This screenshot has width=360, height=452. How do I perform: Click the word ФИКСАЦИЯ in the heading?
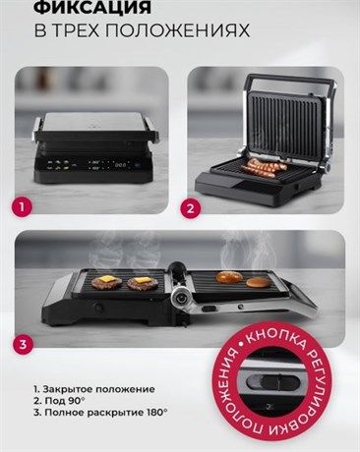click(92, 6)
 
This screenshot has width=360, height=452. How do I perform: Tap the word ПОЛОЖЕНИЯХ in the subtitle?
click(178, 30)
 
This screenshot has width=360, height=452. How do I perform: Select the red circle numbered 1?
click(22, 206)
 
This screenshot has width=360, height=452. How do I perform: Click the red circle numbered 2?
click(190, 208)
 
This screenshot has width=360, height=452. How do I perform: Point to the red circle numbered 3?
click(23, 344)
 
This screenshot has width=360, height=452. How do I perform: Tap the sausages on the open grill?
click(264, 167)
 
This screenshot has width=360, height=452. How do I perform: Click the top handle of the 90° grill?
click(291, 81)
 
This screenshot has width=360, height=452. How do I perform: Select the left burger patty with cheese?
click(107, 282)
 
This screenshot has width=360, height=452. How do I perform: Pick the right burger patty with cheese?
click(143, 283)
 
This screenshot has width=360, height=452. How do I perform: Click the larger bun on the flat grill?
click(229, 277)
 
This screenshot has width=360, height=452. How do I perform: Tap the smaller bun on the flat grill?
click(259, 282)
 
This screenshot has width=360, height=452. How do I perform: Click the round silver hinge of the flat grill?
click(180, 298)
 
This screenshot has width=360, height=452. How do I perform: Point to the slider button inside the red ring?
click(272, 381)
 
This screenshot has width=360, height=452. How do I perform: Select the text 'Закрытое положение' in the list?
click(98, 389)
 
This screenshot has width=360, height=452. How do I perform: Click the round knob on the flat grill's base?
click(97, 307)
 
